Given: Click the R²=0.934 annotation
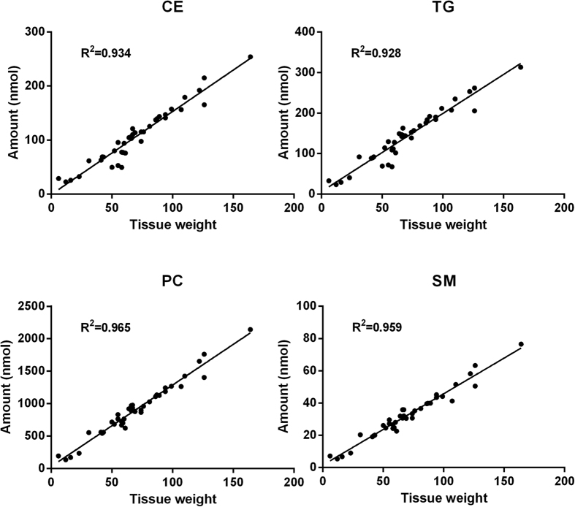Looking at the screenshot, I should click(105, 53).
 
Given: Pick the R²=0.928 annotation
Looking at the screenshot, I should click(376, 53).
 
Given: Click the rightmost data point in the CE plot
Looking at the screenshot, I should click(250, 57).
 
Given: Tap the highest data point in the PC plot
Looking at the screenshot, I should click(250, 329).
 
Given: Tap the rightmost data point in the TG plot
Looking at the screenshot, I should click(521, 67).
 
